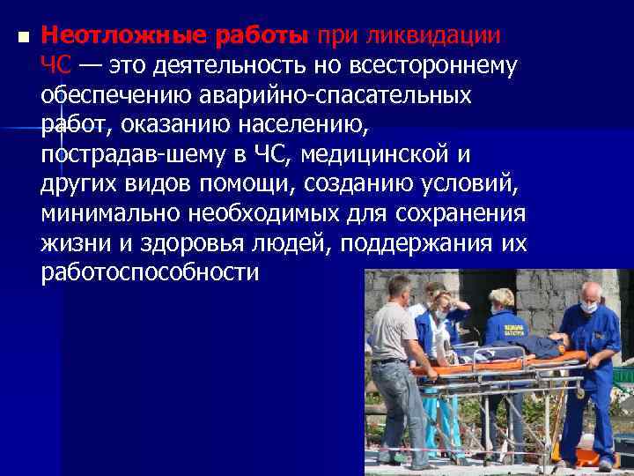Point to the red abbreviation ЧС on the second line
coord(55,65)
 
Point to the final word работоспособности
coord(150,273)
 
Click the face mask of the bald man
coord(587,307)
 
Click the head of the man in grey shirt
coord(398,289)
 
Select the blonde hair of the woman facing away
coord(502,298)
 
